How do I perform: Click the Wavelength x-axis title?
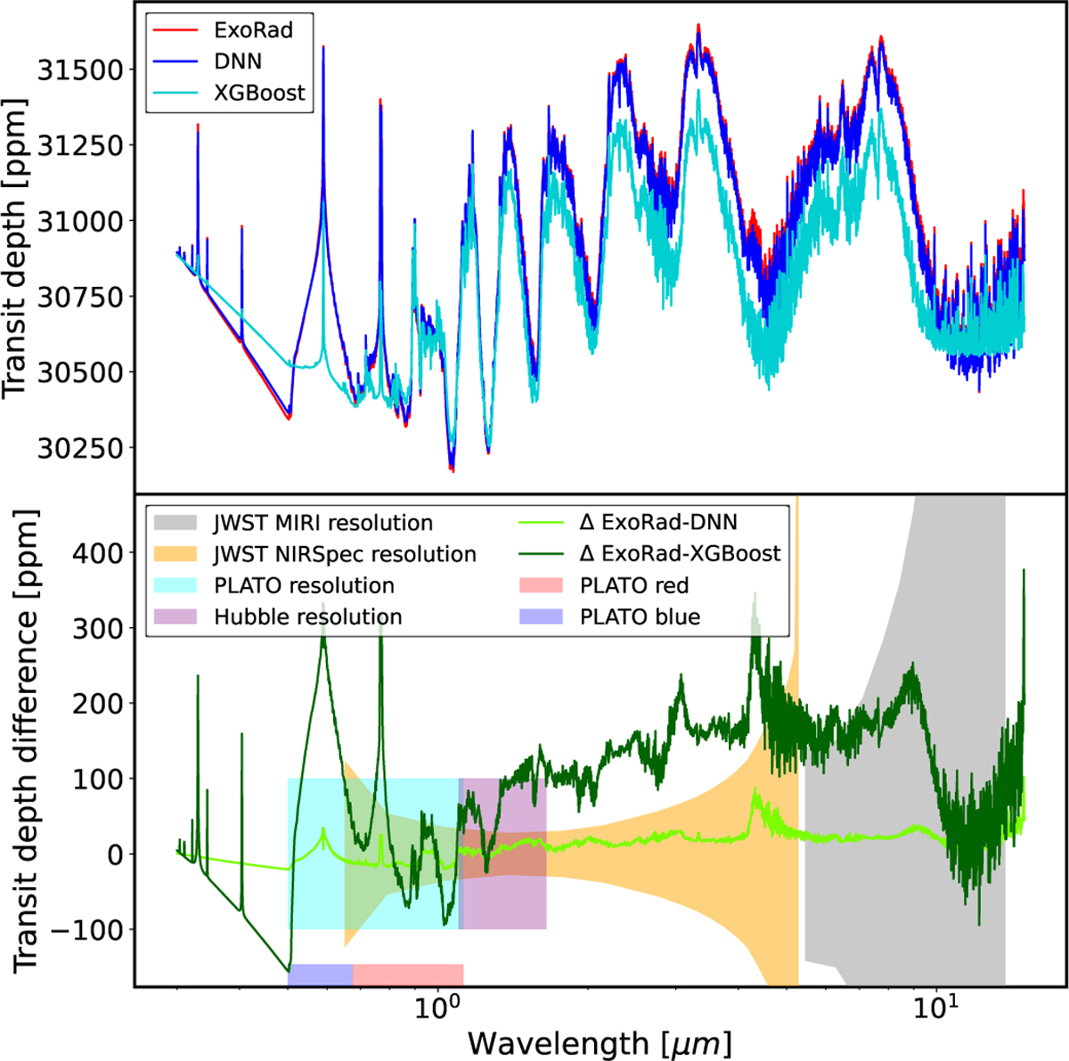tap(599, 1041)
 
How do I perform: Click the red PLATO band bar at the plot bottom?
tap(408, 975)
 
